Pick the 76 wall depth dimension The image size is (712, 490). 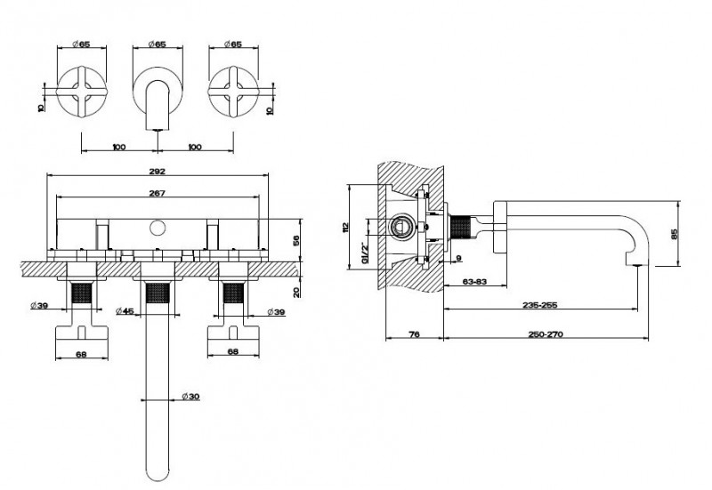click(x=414, y=334)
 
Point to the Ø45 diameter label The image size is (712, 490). click(x=125, y=310)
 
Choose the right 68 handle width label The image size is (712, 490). click(x=233, y=352)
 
